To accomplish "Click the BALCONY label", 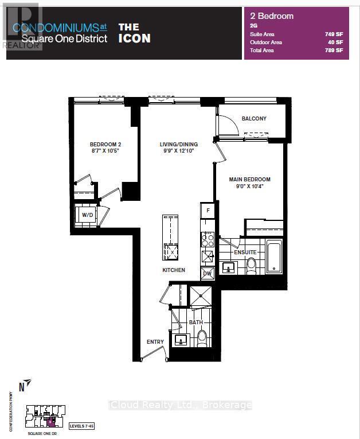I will pos(253,119).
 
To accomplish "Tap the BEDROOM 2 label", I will pos(104,145).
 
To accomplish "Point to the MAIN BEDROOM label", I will pos(249,180).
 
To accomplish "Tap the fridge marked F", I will pos(208,211).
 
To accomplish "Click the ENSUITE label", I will pos(245,252).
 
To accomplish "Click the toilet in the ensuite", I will pos(251,265).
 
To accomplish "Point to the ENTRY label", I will pos(155,342).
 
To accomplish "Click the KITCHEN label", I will pos(173,270).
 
